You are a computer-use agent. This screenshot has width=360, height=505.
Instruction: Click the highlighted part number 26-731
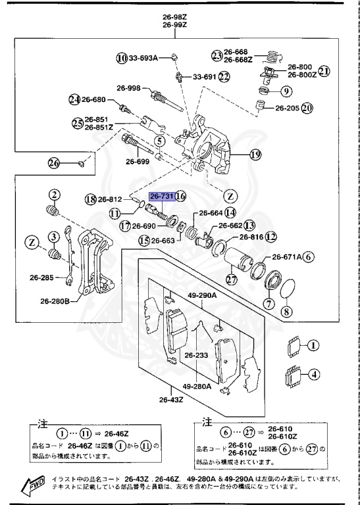162,197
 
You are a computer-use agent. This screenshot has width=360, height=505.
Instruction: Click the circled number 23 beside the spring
217,55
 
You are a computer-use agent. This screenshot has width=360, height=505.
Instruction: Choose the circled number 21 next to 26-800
323,70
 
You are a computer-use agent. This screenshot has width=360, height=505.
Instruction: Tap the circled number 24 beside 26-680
74,100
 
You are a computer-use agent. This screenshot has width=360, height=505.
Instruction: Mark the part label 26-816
252,237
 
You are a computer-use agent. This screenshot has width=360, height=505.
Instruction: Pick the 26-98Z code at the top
176,16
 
